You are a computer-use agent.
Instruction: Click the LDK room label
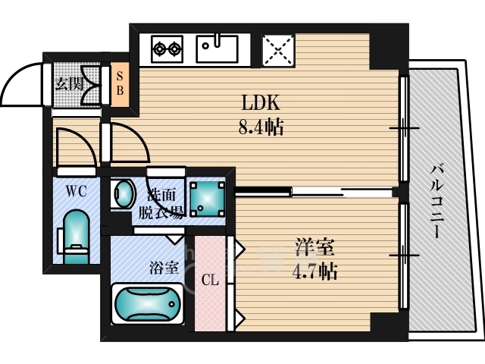click(261, 102)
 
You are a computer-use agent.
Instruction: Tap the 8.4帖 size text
click(261, 127)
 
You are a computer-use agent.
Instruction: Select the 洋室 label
click(314, 247)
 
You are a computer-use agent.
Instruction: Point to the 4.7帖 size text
click(314, 271)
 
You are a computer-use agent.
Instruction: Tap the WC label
click(76, 192)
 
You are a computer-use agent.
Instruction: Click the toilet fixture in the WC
click(75, 237)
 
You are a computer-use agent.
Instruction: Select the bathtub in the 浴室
click(148, 303)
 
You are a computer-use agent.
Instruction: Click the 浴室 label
click(164, 268)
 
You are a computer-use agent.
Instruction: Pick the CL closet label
click(210, 280)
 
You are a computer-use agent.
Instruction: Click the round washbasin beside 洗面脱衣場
click(124, 194)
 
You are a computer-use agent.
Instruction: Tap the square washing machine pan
click(207, 199)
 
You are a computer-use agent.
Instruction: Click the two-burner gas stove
click(167, 49)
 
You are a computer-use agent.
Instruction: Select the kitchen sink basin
click(217, 49)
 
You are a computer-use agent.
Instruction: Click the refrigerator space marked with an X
click(278, 50)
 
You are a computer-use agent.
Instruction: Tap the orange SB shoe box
click(120, 84)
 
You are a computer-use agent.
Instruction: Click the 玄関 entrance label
click(69, 84)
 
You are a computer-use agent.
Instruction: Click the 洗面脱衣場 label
click(161, 204)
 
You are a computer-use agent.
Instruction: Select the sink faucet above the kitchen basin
click(217, 40)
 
